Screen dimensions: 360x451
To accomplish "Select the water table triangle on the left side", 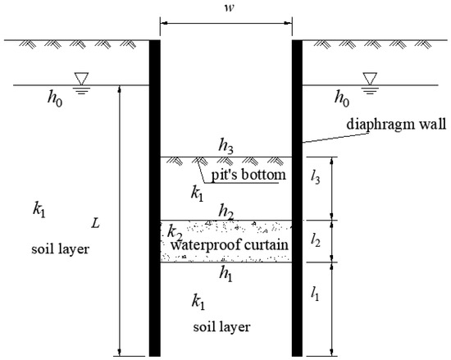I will click(x=81, y=78).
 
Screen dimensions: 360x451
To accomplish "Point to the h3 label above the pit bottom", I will click(x=227, y=145).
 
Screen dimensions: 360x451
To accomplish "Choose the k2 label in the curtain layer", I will click(x=175, y=231).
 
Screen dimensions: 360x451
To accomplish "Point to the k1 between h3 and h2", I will click(x=197, y=194).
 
